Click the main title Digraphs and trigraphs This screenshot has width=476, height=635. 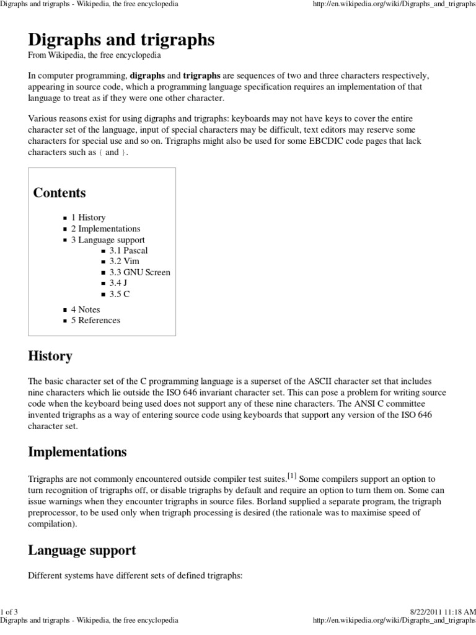(121, 40)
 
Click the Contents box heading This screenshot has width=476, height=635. (59, 193)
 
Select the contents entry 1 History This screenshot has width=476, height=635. (88, 218)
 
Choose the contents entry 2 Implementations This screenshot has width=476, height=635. (105, 229)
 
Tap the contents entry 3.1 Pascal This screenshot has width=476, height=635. (128, 251)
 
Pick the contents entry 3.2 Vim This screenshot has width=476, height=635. (124, 262)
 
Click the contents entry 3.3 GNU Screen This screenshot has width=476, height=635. (139, 272)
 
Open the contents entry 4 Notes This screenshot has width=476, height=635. (86, 309)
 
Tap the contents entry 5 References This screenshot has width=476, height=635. (95, 321)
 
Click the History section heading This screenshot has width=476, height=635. (50, 357)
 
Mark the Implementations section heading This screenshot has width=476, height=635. (77, 452)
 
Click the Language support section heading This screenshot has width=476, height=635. (82, 550)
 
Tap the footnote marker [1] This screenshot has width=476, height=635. (292, 476)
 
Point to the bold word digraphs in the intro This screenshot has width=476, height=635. (147, 76)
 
